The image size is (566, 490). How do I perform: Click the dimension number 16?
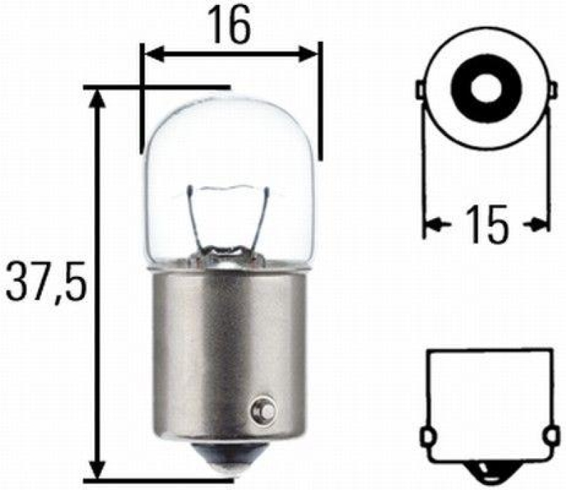[x=230, y=26]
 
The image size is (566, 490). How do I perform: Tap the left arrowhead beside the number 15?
[x=434, y=225]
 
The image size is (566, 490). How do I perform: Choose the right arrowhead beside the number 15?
[x=539, y=225]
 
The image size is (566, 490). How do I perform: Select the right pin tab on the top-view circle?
[x=550, y=90]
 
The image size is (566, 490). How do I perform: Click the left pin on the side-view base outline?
[x=427, y=434]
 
